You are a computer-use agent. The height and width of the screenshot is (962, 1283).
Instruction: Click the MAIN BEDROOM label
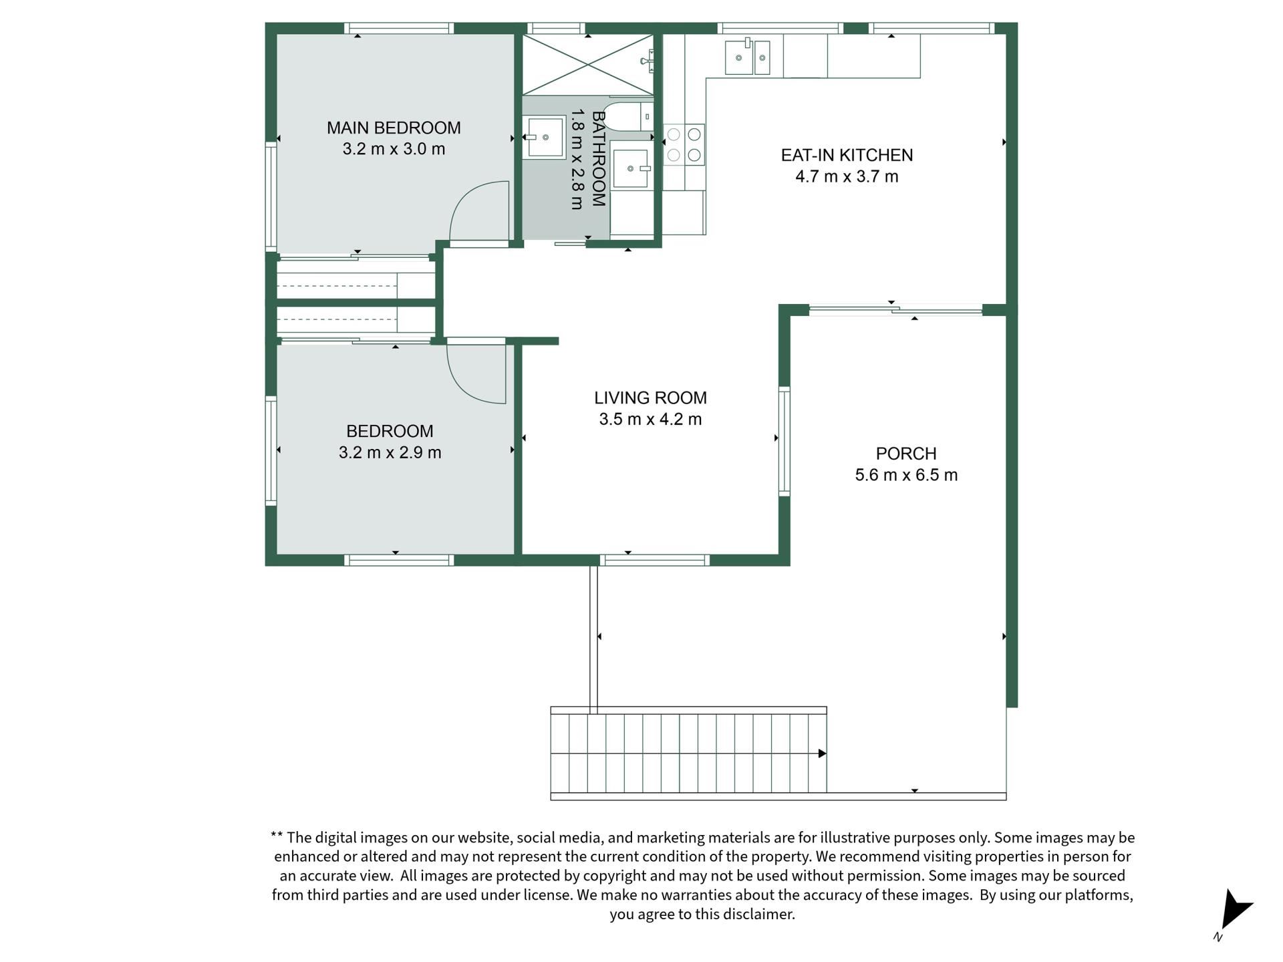(394, 128)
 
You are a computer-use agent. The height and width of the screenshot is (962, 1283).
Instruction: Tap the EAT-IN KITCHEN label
(847, 155)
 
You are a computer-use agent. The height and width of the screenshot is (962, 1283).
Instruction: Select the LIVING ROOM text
(650, 398)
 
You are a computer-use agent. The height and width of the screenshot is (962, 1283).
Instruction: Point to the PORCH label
(906, 454)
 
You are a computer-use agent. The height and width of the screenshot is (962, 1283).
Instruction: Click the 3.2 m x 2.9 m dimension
(390, 452)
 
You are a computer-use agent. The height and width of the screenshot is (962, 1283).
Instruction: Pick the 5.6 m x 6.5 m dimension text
(906, 475)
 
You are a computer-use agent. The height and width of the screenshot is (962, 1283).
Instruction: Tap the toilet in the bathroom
(628, 116)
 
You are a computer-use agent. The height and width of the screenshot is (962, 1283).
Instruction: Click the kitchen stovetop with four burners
(684, 145)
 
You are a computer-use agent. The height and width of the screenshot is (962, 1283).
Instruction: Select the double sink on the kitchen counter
(748, 57)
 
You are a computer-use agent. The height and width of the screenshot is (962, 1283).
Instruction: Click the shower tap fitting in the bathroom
(646, 61)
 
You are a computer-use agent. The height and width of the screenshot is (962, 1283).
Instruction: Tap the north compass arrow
(1236, 910)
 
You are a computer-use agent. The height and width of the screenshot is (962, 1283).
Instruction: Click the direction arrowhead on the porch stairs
(823, 754)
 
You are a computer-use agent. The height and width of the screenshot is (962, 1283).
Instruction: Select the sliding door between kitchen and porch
(895, 309)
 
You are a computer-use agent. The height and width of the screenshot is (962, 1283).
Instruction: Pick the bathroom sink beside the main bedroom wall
(545, 137)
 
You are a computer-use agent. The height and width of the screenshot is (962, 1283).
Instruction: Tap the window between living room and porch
(785, 441)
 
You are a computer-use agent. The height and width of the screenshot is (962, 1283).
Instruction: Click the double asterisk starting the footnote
(277, 835)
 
